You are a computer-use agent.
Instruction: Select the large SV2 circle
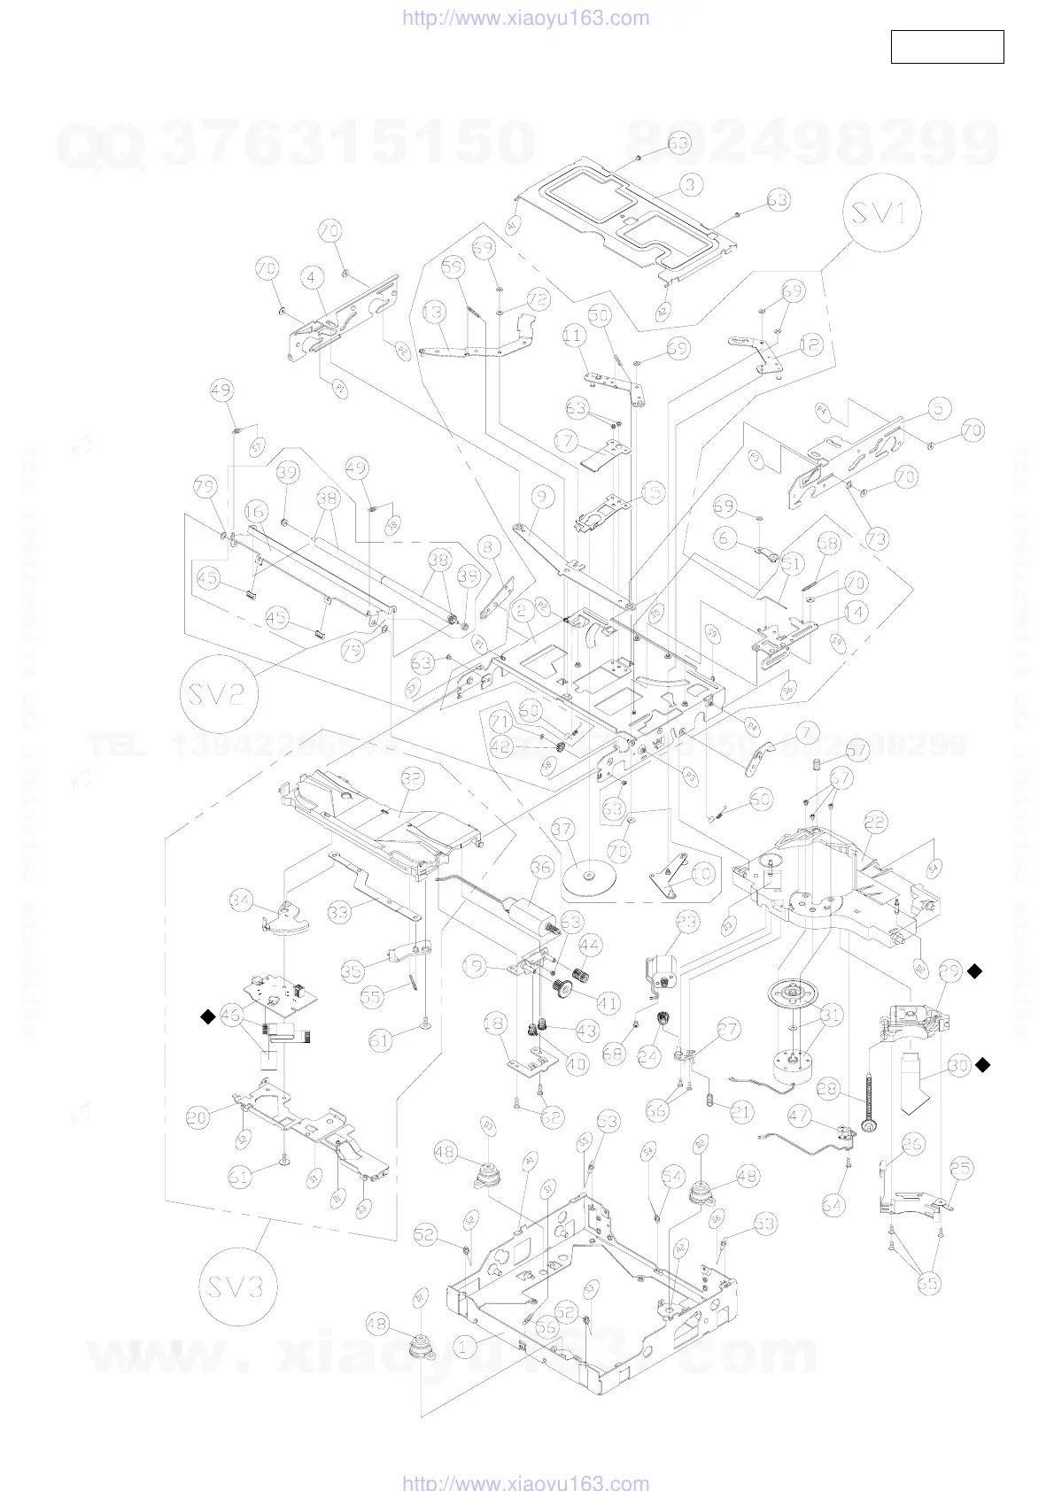click(218, 693)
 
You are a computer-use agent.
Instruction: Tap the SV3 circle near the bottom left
click(237, 1286)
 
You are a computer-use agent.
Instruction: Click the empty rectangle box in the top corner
click(947, 47)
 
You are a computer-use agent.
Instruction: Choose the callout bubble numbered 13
click(433, 312)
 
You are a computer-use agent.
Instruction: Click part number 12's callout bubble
click(811, 344)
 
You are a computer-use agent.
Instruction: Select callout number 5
click(940, 408)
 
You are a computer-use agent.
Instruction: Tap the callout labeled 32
click(412, 778)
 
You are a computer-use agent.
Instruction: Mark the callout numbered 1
click(464, 1348)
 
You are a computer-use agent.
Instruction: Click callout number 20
click(198, 1117)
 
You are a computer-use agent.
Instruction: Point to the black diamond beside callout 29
click(974, 971)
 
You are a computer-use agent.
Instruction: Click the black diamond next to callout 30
click(982, 1065)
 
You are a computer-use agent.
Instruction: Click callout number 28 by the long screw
click(827, 1089)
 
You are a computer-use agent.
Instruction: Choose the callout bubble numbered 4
click(311, 277)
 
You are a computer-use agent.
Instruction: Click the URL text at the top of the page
click(526, 19)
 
